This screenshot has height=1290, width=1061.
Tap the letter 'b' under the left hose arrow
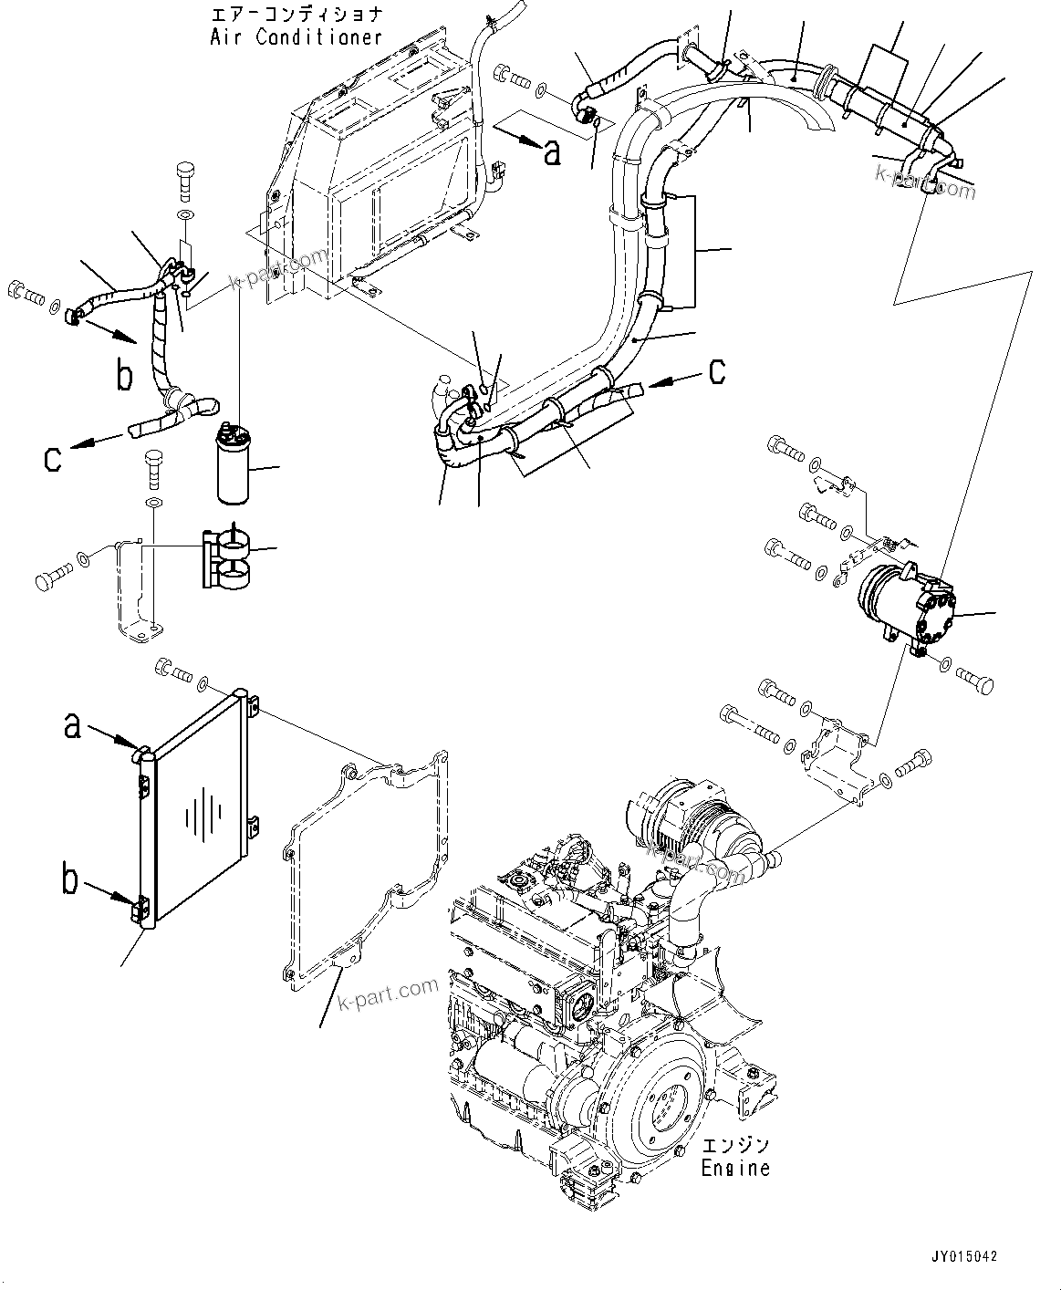tap(125, 375)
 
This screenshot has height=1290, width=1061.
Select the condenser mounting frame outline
tap(365, 876)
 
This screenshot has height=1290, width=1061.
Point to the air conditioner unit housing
tap(383, 173)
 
